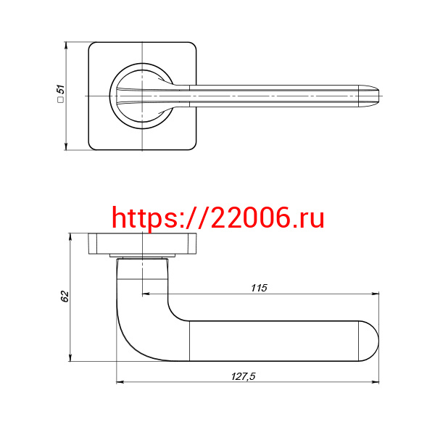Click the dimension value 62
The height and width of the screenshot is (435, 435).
(65, 297)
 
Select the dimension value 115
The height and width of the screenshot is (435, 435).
(259, 288)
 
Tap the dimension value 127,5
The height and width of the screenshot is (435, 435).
(244, 376)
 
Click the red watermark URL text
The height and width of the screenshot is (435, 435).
(218, 218)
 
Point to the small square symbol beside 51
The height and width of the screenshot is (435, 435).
(60, 99)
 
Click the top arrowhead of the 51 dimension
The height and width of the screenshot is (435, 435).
(66, 46)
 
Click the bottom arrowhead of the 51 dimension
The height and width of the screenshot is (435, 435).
(66, 146)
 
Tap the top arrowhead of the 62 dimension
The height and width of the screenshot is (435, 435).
(70, 236)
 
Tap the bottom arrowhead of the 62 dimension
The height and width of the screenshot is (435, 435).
(70, 357)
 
